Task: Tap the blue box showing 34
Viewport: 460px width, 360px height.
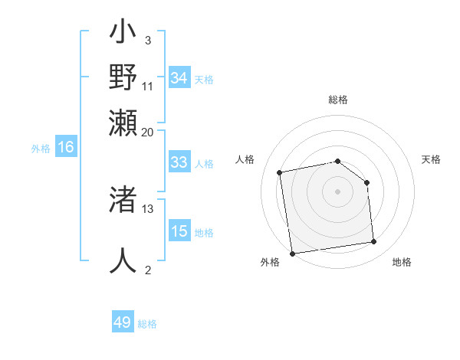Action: click(179, 77)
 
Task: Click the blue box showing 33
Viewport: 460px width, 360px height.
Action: click(179, 162)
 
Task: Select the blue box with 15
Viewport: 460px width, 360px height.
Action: click(179, 231)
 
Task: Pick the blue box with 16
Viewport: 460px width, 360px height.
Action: click(66, 147)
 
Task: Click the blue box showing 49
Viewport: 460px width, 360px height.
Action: click(123, 322)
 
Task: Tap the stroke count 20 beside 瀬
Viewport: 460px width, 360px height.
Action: click(148, 133)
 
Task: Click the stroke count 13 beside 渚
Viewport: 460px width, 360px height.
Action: click(148, 208)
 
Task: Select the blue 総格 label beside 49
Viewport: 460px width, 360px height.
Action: click(147, 324)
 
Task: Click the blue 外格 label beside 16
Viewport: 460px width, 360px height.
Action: click(41, 149)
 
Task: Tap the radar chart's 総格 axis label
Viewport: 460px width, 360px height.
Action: click(337, 100)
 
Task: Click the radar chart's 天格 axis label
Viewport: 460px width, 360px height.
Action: click(431, 159)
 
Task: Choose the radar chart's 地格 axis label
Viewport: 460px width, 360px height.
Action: click(402, 262)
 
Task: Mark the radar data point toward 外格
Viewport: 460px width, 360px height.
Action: click(292, 252)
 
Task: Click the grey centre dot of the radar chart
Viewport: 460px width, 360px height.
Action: click(337, 191)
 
